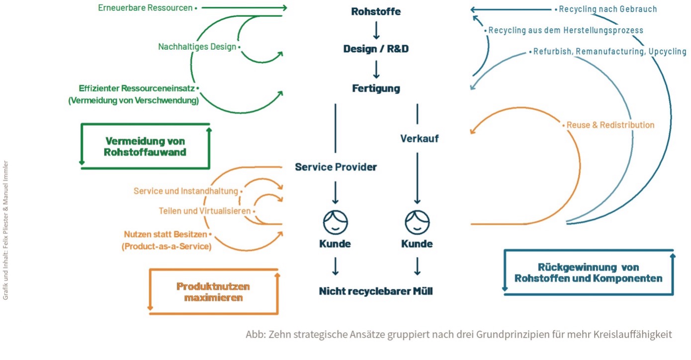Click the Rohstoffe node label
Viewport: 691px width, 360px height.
click(x=376, y=11)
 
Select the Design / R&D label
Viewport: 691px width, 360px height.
click(x=376, y=49)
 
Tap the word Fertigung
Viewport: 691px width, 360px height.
click(x=376, y=89)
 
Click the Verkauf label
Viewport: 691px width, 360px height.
click(x=420, y=139)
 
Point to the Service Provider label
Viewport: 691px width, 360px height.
click(x=336, y=167)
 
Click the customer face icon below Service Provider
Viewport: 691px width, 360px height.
click(x=336, y=222)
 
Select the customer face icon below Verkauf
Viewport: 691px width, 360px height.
click(x=417, y=222)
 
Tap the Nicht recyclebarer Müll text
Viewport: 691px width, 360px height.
click(x=376, y=291)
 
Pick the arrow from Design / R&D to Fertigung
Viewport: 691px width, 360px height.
click(x=376, y=69)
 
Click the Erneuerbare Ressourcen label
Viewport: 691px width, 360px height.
click(x=146, y=8)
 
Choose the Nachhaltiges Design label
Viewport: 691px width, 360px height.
click(x=197, y=47)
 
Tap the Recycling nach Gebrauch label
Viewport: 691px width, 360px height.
click(x=607, y=9)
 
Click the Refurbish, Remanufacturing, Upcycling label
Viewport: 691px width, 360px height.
click(x=609, y=52)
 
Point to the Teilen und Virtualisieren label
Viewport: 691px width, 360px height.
click(x=204, y=211)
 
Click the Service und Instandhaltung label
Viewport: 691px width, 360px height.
click(x=186, y=191)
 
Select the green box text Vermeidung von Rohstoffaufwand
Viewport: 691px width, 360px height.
click(x=145, y=146)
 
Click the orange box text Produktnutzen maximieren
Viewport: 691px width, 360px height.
click(x=213, y=292)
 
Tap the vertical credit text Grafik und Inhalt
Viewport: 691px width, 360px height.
click(x=6, y=229)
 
